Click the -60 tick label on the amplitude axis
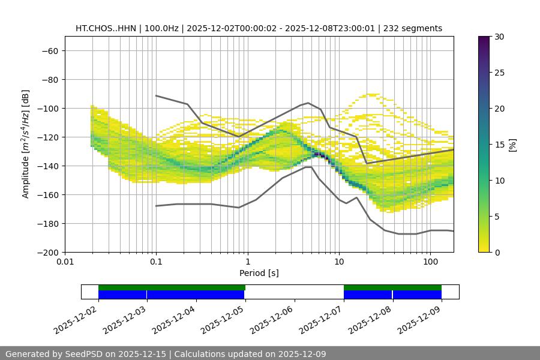[x=49, y=50]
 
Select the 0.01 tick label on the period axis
[x=65, y=262]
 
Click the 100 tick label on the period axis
[x=430, y=262]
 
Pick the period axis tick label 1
[x=248, y=262]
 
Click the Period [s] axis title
[x=259, y=273]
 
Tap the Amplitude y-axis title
[x=26, y=144]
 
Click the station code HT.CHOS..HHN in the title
[x=105, y=28]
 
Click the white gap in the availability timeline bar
[x=294, y=292]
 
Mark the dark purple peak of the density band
[x=321, y=156]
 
